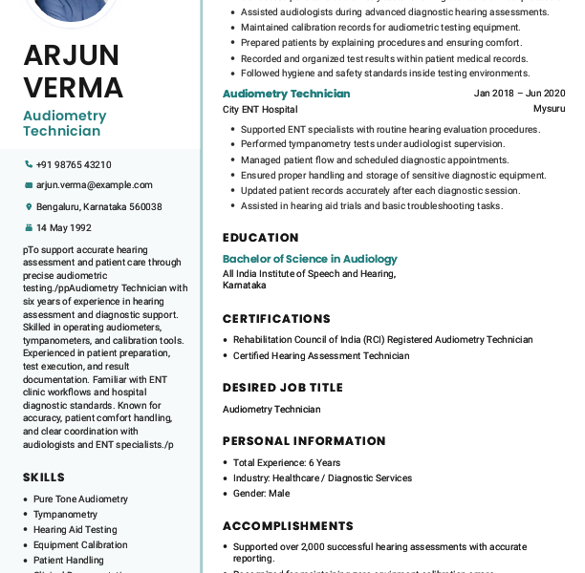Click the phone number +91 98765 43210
pos(74,164)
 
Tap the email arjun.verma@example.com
pos(94,185)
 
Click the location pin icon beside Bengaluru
pos(29,206)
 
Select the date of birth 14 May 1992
pos(64,227)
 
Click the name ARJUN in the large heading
pos(72,55)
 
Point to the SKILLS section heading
pos(44,477)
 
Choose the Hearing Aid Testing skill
pos(75,529)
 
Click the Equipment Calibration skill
pos(80,544)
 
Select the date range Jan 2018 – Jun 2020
pos(519,94)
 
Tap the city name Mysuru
pos(549,109)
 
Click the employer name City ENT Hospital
pos(260,109)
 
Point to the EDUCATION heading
pos(261,238)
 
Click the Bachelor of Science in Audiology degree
pos(310,259)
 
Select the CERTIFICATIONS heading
pos(276,319)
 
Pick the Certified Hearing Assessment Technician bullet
pos(321,355)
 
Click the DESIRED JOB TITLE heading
pos(282,388)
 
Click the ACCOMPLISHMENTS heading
pos(288,526)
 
